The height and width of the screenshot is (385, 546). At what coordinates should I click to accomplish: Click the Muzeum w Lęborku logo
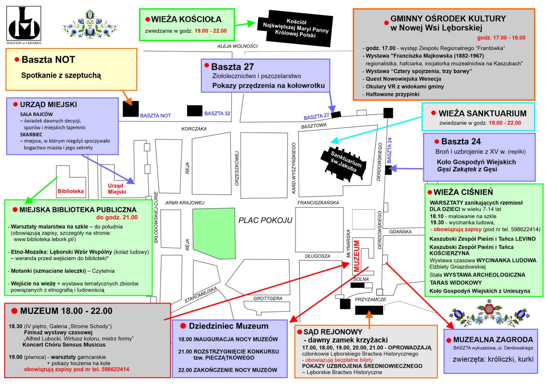24,25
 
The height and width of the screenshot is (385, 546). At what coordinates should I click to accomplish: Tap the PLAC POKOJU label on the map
265,220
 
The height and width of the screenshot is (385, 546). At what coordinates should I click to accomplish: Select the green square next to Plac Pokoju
214,233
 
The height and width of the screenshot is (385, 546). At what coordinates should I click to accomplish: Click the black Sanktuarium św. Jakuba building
343,164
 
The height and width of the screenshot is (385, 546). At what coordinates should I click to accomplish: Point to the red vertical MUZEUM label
357,256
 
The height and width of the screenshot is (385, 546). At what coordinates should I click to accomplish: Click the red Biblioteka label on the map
70,191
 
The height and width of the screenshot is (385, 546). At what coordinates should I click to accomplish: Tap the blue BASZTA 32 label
217,113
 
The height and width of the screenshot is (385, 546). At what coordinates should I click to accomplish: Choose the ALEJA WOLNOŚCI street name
237,46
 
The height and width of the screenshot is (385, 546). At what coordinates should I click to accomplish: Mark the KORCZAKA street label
194,129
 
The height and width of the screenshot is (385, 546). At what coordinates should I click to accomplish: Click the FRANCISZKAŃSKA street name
318,203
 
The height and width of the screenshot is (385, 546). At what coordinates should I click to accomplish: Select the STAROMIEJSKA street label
201,295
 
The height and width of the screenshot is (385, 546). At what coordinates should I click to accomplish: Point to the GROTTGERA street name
268,299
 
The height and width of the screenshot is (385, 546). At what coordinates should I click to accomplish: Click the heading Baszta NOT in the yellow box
48,60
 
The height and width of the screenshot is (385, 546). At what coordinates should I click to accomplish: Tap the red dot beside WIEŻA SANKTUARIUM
433,113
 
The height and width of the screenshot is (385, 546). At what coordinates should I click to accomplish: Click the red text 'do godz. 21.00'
117,217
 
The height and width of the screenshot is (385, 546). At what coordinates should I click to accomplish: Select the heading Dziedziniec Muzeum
229,326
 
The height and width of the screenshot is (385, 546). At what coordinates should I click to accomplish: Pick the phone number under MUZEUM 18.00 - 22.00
115,369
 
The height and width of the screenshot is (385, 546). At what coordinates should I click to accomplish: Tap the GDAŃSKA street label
400,232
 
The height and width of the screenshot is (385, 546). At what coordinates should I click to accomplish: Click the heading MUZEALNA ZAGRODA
493,339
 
